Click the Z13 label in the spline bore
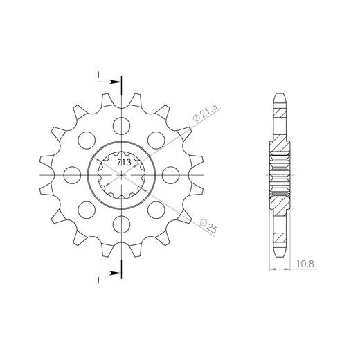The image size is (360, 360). (x=124, y=163)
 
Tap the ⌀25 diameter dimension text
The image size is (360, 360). (x=208, y=226)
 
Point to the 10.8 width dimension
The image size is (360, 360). (x=305, y=264)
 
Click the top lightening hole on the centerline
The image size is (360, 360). (x=121, y=126)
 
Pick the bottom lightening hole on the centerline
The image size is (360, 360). (x=121, y=224)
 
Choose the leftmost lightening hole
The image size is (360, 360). (x=72, y=175)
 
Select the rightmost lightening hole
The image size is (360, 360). (x=171, y=175)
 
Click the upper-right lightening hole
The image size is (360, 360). (x=156, y=141)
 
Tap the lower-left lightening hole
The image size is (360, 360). (x=87, y=210)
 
